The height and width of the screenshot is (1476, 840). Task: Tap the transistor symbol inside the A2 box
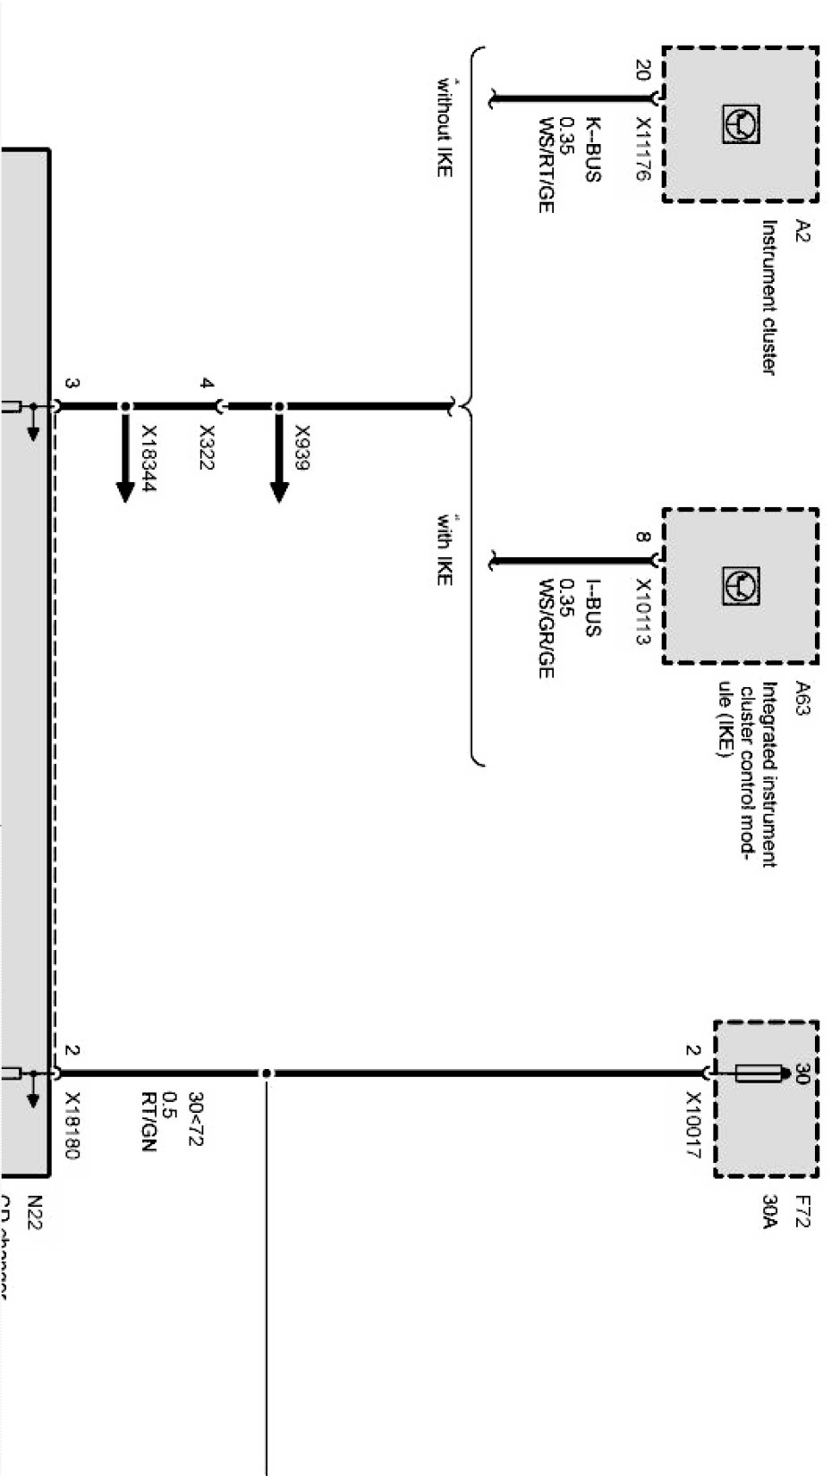pyautogui.click(x=741, y=123)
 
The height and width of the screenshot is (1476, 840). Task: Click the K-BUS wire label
pyautogui.click(x=591, y=149)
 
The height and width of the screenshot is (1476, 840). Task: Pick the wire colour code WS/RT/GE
pyautogui.click(x=546, y=165)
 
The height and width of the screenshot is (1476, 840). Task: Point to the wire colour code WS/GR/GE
pyautogui.click(x=546, y=628)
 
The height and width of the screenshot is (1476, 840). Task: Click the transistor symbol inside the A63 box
pyautogui.click(x=741, y=586)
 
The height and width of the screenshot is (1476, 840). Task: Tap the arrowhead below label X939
pyautogui.click(x=279, y=491)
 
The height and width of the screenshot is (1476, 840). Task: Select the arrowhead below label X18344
pyautogui.click(x=125, y=491)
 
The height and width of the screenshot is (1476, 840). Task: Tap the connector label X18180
pyautogui.click(x=73, y=1125)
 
